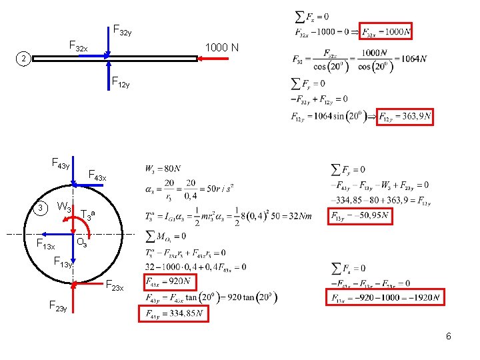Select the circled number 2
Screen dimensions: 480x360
point(23,60)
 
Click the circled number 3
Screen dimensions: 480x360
point(41,208)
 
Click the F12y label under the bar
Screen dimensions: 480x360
point(121,83)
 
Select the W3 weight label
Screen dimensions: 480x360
point(65,206)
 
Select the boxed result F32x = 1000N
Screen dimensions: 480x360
point(386,32)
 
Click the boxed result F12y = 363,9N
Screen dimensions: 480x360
point(405,117)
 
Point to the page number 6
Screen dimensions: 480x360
point(449,336)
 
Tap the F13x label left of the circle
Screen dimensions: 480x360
point(45,245)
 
